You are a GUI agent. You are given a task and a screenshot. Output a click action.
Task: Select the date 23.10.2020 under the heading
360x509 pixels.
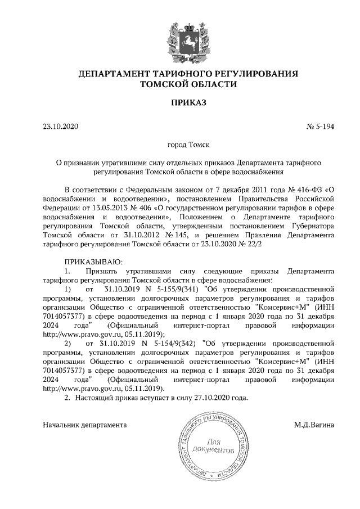(61, 127)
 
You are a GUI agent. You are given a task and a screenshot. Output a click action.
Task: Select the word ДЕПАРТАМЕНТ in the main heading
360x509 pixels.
(112, 74)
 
